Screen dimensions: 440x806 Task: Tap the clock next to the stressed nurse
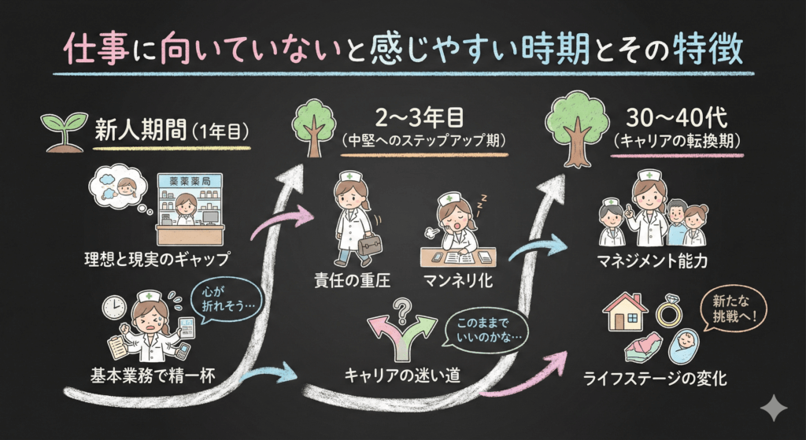pos(114,306)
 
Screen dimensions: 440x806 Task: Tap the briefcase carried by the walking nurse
pos(368,244)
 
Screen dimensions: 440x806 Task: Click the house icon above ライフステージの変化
pos(622,311)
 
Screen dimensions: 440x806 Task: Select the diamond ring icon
pos(669,311)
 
